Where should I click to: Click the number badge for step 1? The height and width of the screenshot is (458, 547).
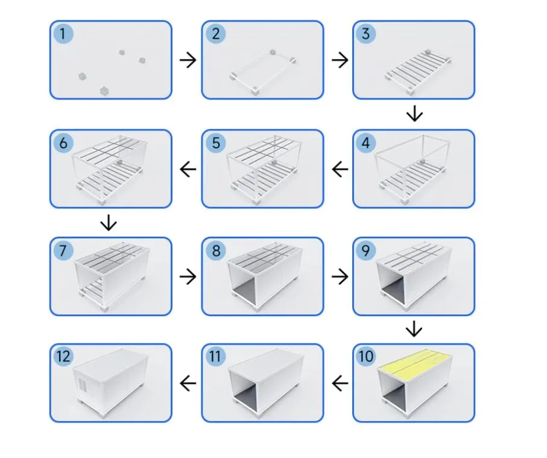click(x=63, y=34)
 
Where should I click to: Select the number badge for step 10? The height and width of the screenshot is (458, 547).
click(x=366, y=357)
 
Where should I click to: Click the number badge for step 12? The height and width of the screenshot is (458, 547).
click(x=63, y=357)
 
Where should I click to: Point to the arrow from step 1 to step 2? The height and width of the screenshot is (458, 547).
click(x=188, y=60)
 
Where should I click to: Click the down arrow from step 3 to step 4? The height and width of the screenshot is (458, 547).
click(x=414, y=113)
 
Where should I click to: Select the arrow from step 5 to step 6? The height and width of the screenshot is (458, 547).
click(x=188, y=170)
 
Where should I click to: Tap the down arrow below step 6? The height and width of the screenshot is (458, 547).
click(x=109, y=223)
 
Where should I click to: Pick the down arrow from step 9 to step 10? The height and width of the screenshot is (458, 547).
click(x=414, y=329)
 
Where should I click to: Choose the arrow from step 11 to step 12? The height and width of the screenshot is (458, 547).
click(x=188, y=383)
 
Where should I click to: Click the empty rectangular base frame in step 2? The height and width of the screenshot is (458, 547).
click(x=264, y=74)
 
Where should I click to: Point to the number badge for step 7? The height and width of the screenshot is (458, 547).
click(x=63, y=250)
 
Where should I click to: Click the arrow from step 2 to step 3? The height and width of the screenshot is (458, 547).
click(x=340, y=60)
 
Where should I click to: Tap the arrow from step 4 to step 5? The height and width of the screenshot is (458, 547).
click(x=340, y=170)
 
